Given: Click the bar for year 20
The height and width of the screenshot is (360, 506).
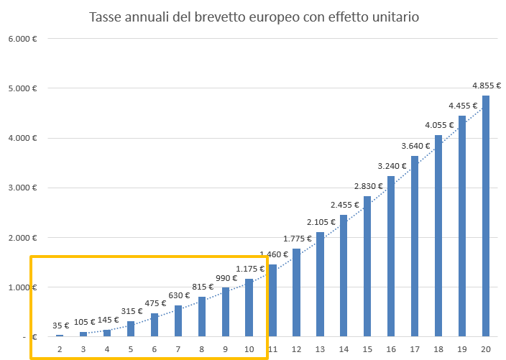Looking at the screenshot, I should point(486,216).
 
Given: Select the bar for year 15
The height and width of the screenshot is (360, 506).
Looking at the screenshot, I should point(367,266).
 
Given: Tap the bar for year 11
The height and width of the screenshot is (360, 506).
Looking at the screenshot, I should point(272,300).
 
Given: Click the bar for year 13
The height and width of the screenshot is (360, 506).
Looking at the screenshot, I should point(320,284).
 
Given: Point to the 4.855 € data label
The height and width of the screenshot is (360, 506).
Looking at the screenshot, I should point(486,86).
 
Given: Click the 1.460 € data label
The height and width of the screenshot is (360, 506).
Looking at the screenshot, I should point(272,254).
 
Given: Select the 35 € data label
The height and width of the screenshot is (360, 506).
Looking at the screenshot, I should point(60,326).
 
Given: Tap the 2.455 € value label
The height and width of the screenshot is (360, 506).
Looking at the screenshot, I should point(344,205).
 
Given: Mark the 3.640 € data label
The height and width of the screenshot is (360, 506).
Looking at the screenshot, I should point(415,146).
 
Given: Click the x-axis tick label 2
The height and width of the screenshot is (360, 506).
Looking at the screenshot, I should point(60,349).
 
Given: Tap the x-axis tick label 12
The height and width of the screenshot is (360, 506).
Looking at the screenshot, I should point(296,349).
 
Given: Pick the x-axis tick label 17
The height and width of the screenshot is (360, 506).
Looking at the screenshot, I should point(415,349).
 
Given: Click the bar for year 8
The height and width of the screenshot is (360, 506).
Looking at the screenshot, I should point(201,316).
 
